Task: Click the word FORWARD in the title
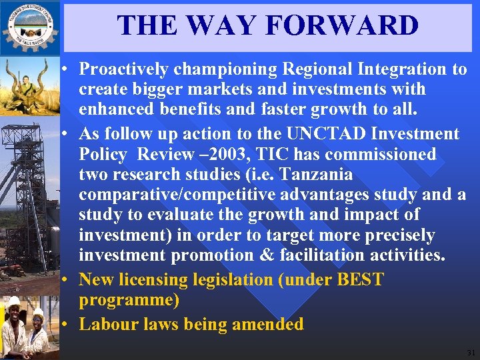click(341, 26)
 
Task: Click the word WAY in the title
click(223, 26)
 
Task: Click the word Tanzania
click(316, 175)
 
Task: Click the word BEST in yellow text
click(361, 279)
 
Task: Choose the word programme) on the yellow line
click(129, 300)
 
